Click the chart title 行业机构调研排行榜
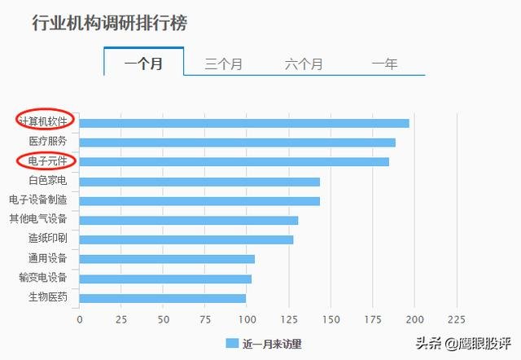[x=110, y=23]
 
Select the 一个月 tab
[x=143, y=64]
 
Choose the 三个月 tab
[x=224, y=64]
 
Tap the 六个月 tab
[x=304, y=64]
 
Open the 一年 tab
[x=384, y=64]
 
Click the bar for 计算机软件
[x=244, y=123]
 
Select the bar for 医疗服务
[x=237, y=143]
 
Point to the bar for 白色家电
[x=199, y=182]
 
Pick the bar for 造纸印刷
[x=186, y=240]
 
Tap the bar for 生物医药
[x=163, y=298]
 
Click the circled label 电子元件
[x=47, y=161]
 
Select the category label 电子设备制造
[x=38, y=200]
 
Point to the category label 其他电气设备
[x=38, y=219]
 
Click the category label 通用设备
[x=47, y=258]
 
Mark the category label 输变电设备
[x=43, y=277]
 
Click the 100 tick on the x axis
[x=247, y=320]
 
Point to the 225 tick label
[x=457, y=320]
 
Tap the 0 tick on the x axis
[x=80, y=320]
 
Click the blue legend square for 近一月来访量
[x=232, y=344]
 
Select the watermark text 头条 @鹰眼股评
[x=463, y=343]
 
